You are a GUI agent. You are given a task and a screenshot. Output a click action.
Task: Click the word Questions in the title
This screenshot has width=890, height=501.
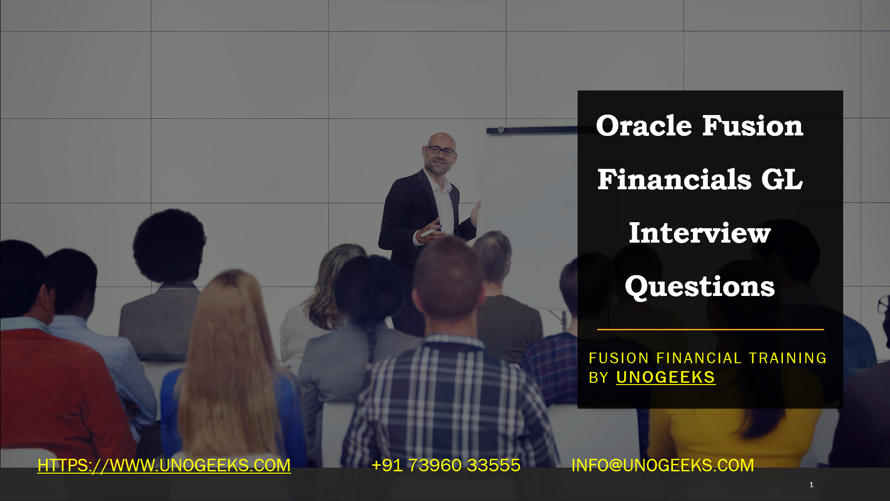tap(699, 287)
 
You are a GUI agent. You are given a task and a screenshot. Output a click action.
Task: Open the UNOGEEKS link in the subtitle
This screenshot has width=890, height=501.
tap(666, 377)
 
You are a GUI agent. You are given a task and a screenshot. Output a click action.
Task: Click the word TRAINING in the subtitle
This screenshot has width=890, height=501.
tap(788, 358)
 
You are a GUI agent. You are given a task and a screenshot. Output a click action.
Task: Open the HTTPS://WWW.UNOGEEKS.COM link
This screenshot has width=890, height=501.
tap(164, 465)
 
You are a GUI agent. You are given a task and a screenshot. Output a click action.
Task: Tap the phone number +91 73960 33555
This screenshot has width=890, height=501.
tap(446, 465)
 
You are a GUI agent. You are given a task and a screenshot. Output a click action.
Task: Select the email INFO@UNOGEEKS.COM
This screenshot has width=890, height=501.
tap(662, 465)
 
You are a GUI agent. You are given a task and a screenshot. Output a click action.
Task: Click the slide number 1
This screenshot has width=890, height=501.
tap(811, 485)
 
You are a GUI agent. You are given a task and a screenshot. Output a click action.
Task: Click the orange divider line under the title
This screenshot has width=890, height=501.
tap(711, 329)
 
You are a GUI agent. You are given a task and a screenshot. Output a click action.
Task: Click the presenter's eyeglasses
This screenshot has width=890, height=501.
tap(440, 150)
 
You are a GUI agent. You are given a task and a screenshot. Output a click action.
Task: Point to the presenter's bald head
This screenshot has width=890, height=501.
tap(441, 139)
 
